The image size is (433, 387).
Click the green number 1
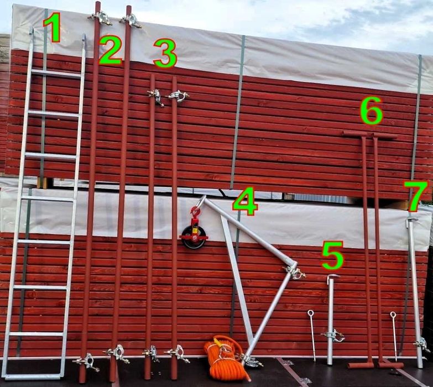(53, 28)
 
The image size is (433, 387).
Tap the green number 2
(110, 50)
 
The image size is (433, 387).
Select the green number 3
(165, 54)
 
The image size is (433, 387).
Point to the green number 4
(244, 201)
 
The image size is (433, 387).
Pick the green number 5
(332, 255)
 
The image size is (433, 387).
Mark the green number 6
(372, 110)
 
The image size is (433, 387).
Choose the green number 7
(417, 196)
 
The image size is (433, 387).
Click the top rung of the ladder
(56, 74)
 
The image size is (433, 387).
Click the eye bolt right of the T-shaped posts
(394, 336)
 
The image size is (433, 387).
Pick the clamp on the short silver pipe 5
(333, 336)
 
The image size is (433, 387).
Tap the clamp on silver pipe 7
(421, 343)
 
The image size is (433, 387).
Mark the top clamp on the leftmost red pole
(101, 17)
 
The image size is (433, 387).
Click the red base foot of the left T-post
(361, 365)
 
